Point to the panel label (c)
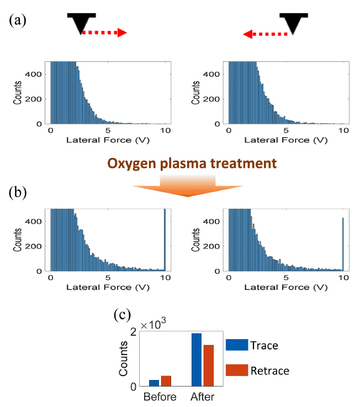tap(121, 315)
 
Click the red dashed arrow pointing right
tap(104, 33)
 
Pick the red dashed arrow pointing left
tap(266, 34)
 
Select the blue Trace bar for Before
tap(153, 383)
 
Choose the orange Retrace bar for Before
tap(166, 380)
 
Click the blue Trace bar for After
tap(196, 360)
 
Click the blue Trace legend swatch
tap(235, 345)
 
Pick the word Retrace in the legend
tap(269, 370)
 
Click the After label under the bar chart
tap(202, 397)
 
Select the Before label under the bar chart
tap(160, 397)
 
